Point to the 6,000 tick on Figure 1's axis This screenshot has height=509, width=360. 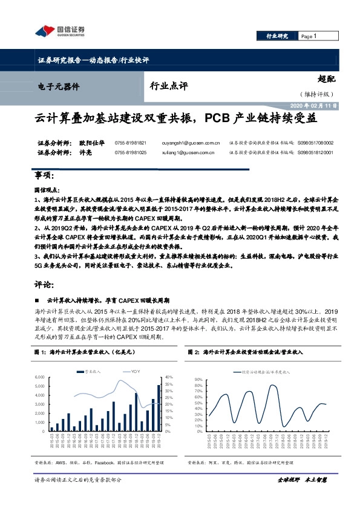(38, 377)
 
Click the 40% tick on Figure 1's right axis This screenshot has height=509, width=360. (169, 377)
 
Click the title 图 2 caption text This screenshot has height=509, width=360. (254, 351)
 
